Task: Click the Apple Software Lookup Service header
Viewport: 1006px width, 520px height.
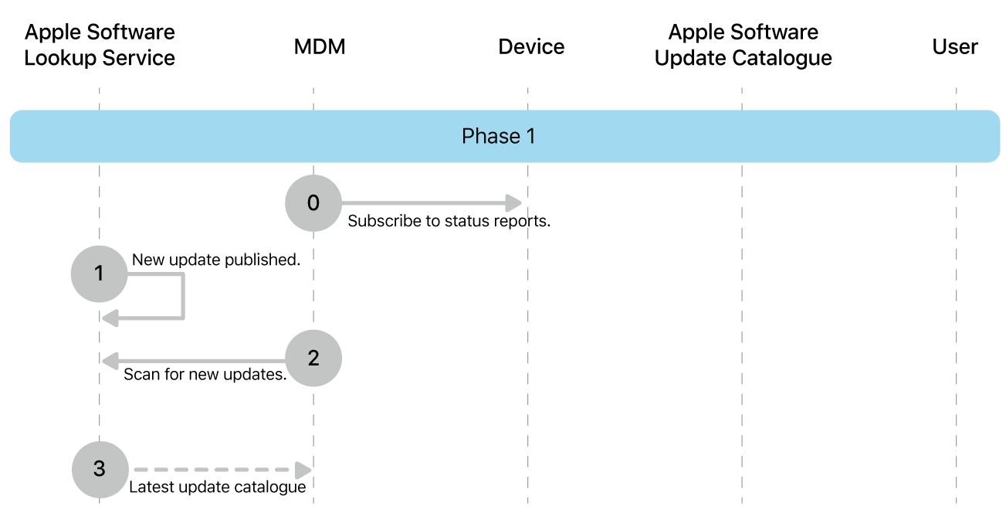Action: click(100, 45)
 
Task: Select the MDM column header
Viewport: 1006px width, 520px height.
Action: click(319, 47)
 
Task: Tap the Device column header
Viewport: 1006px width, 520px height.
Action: click(531, 47)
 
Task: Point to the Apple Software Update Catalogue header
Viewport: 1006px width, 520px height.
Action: click(743, 45)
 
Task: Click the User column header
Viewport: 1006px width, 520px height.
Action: click(954, 47)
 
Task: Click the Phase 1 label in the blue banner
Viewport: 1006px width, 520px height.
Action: click(498, 137)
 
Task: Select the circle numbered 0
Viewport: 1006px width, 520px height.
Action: click(313, 203)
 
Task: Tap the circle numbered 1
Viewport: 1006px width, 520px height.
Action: click(99, 274)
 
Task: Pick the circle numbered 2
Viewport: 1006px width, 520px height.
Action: click(313, 359)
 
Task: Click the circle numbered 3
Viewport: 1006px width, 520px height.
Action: click(100, 469)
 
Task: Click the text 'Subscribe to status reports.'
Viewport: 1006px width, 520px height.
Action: click(449, 222)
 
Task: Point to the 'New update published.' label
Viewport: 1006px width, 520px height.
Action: click(215, 260)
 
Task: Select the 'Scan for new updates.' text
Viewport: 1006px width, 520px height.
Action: click(205, 376)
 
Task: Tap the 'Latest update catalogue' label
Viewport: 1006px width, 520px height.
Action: click(217, 488)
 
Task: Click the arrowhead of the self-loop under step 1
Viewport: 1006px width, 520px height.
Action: click(110, 317)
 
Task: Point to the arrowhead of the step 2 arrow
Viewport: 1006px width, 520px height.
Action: click(110, 360)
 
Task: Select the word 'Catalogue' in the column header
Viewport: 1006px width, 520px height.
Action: click(787, 59)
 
